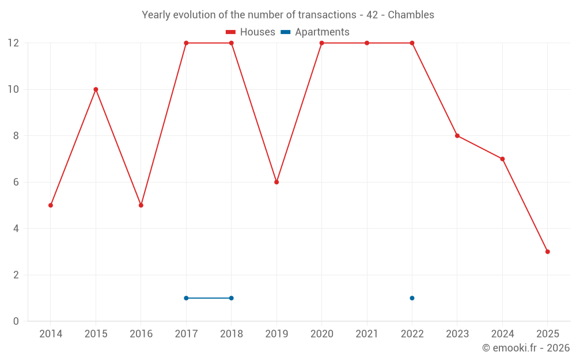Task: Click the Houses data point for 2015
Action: click(96, 89)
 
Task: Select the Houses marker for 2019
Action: click(276, 182)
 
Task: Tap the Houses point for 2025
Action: click(547, 252)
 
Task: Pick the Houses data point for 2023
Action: click(457, 136)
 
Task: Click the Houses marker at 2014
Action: click(51, 205)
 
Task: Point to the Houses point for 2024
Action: click(502, 159)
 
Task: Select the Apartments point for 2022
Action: click(412, 298)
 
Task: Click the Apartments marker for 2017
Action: click(186, 298)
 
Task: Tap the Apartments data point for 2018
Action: click(231, 298)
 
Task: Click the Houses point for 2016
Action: click(141, 205)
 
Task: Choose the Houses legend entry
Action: click(251, 32)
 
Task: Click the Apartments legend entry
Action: click(315, 32)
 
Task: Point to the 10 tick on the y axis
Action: click(13, 89)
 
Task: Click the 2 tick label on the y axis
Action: click(16, 275)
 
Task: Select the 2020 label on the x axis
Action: click(321, 334)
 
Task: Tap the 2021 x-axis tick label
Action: click(367, 334)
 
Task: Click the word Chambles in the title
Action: click(411, 14)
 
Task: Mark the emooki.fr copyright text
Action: click(525, 348)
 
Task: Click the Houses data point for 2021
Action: click(367, 43)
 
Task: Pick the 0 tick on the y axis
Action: click(16, 321)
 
